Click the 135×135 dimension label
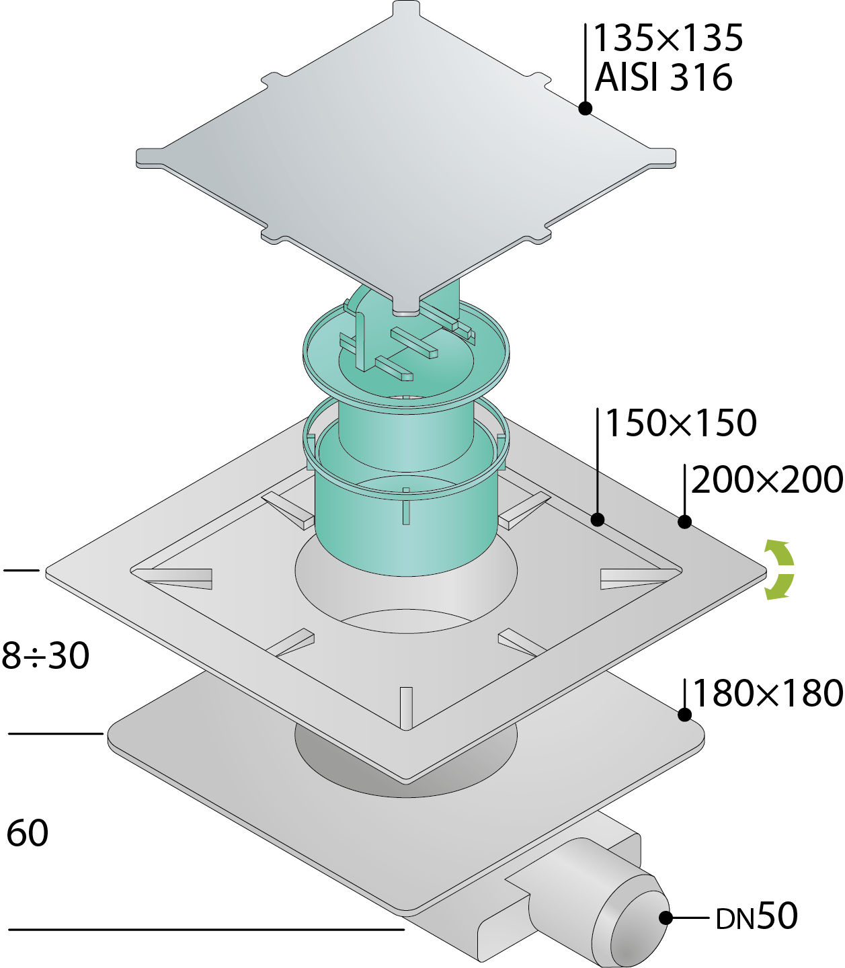668,38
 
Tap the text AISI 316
663,77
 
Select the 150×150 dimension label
681,423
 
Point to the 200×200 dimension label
767,480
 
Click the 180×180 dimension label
768,693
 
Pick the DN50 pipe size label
756,916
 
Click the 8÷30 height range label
46,655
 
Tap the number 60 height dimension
28,833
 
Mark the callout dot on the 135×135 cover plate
586,108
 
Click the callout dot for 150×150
598,520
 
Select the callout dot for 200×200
684,522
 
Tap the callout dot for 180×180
684,715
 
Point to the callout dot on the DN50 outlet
666,918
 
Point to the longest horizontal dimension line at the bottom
206,929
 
